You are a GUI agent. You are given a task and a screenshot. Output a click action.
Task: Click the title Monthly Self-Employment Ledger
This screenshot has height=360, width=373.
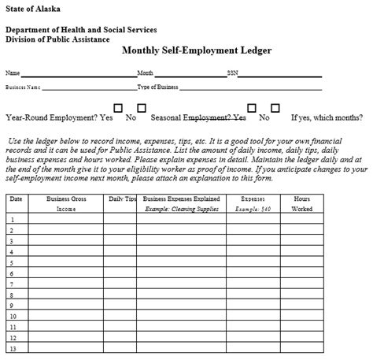coord(196,50)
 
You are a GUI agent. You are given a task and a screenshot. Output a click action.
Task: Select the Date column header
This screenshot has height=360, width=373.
coord(16,199)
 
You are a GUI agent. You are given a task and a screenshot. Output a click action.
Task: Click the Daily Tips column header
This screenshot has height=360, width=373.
coord(122,199)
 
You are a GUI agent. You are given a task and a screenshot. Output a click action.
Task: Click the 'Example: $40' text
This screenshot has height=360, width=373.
coord(253,210)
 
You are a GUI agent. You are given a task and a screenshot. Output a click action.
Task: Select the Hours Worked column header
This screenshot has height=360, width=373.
coord(302,205)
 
